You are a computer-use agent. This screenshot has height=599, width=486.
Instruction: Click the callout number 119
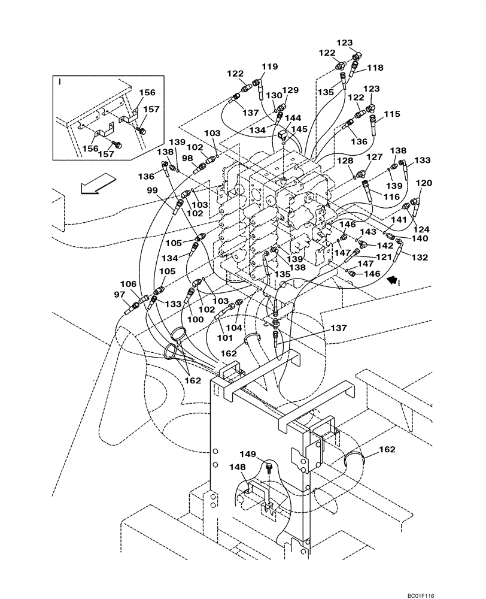click(x=269, y=67)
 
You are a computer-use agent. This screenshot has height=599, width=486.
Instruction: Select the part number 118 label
click(x=375, y=68)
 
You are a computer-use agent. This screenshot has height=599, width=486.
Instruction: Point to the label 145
click(x=299, y=129)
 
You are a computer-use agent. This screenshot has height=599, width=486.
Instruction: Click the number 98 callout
click(x=188, y=158)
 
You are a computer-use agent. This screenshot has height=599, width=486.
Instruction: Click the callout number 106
click(x=128, y=284)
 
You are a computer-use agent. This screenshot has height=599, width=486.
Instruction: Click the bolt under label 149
click(x=268, y=467)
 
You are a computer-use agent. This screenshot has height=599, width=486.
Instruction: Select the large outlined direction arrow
click(x=97, y=182)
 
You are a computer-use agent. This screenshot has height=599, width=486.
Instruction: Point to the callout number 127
click(x=375, y=158)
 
